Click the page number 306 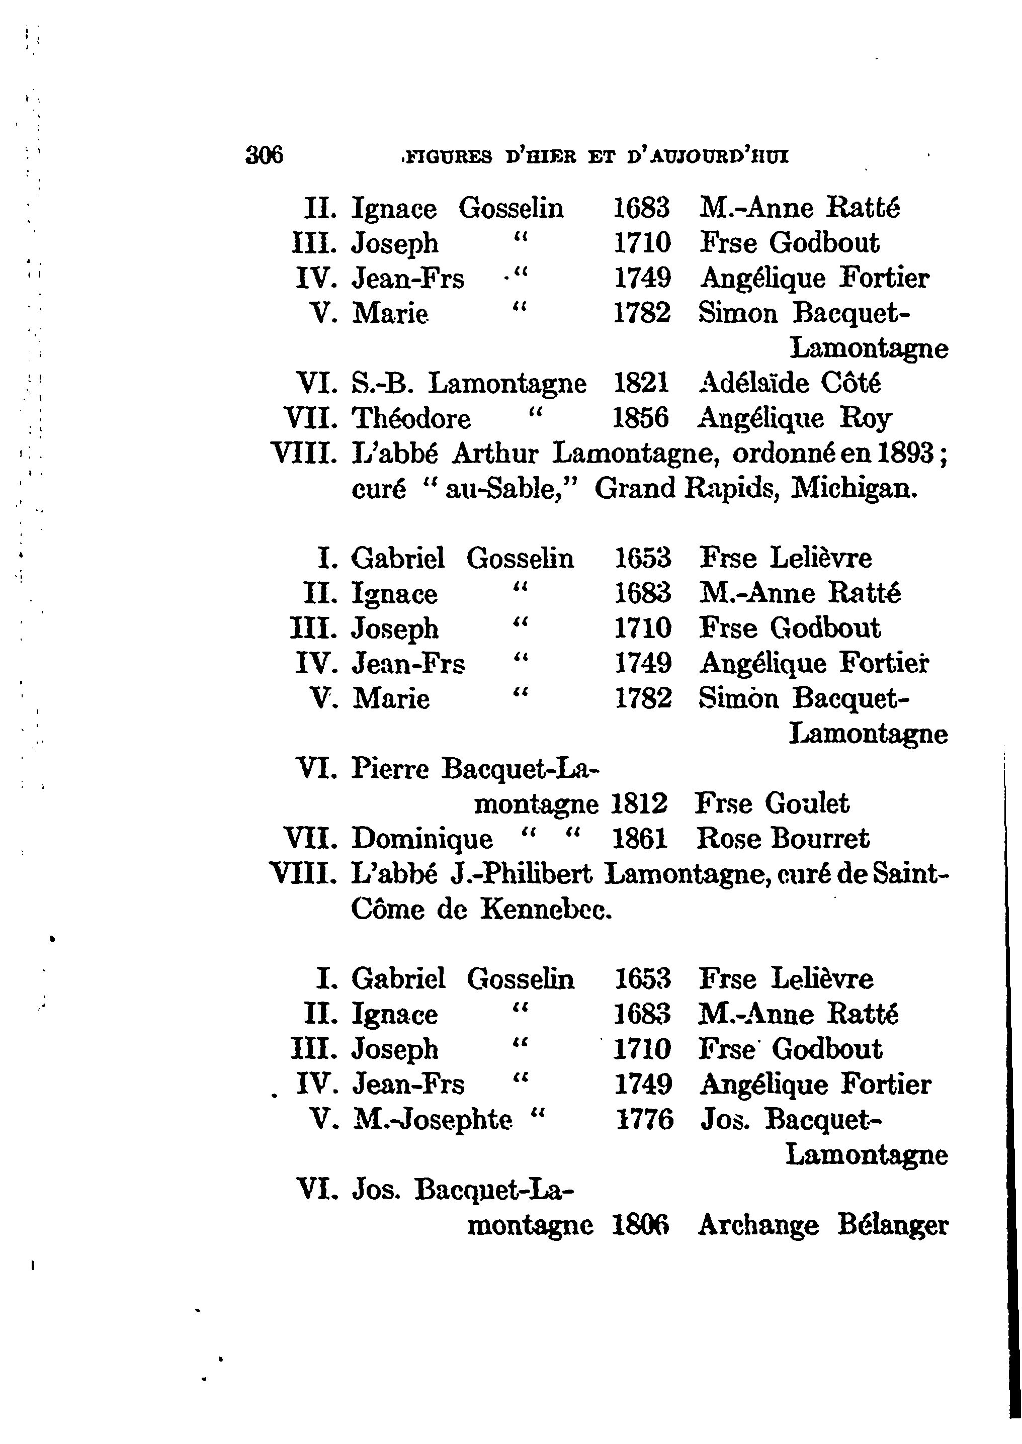point(265,155)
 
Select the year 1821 point(641,383)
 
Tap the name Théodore point(411,418)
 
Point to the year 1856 point(641,418)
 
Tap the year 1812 point(639,804)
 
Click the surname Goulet point(807,804)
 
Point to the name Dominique point(422,839)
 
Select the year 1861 point(639,839)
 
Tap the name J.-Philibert point(521,874)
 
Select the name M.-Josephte point(433,1120)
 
